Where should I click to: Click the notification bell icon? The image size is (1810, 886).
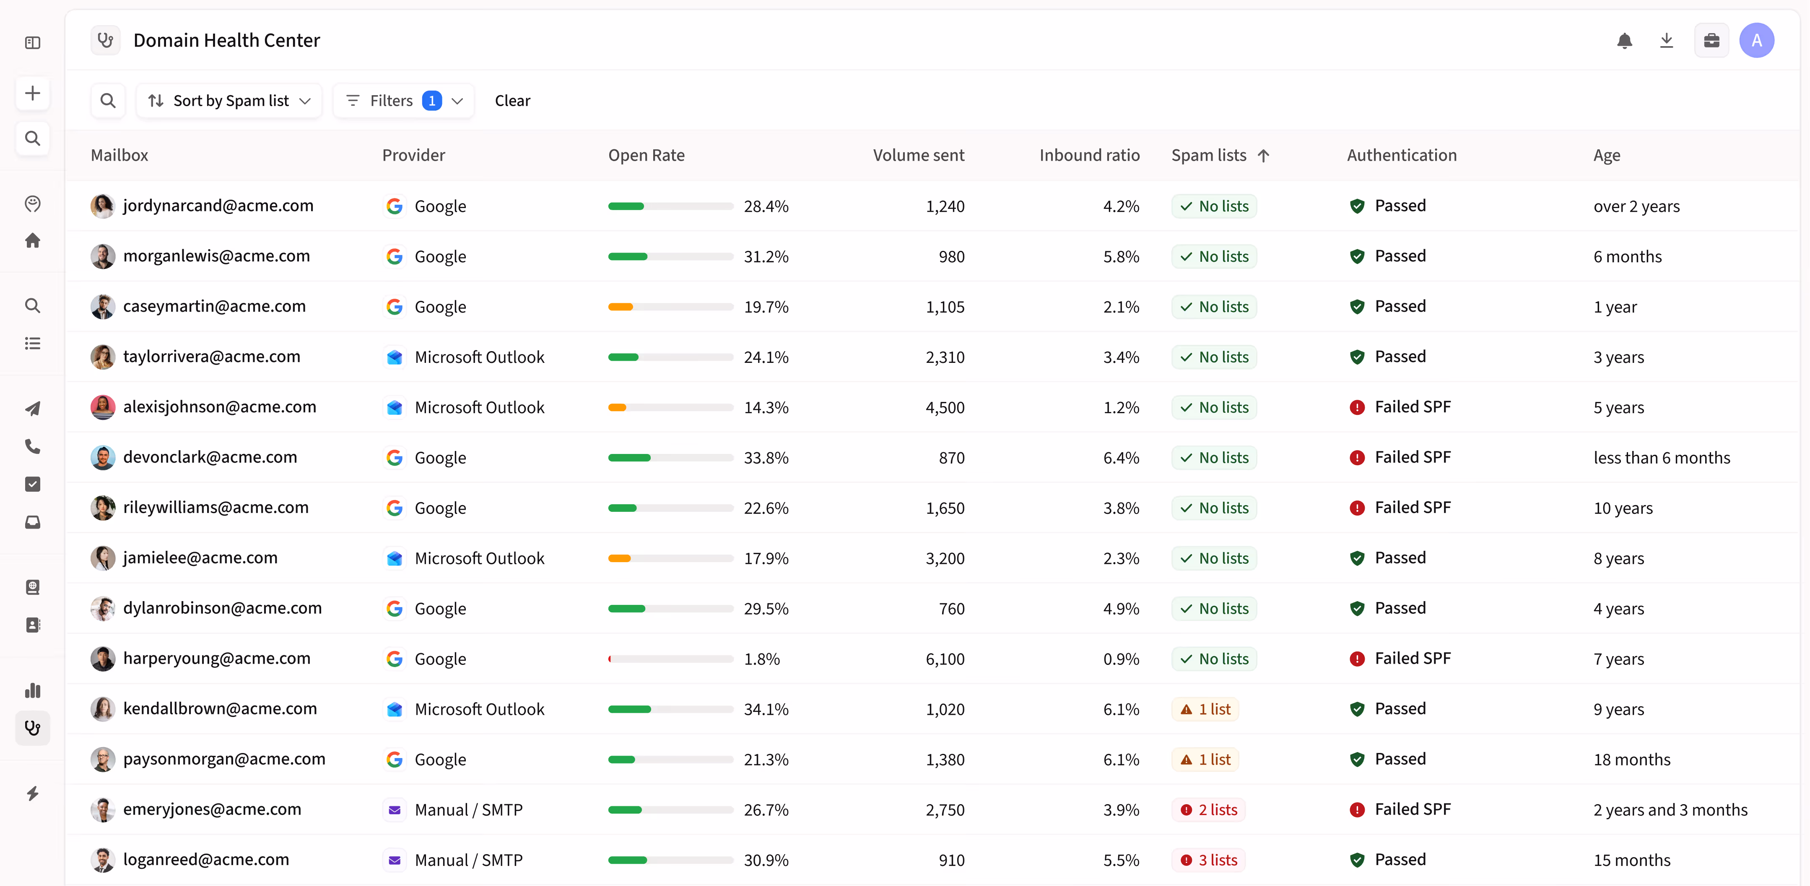pos(1625,41)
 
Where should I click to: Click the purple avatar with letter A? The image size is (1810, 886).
pos(1757,41)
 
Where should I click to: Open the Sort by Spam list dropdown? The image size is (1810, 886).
pos(229,101)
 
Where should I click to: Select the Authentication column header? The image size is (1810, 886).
pos(1402,155)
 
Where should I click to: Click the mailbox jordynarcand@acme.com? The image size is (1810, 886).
pos(218,205)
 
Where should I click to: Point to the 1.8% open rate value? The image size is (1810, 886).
pos(762,659)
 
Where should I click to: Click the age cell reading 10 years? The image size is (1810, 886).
pos(1623,508)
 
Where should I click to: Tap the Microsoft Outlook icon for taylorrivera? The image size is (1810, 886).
pos(395,357)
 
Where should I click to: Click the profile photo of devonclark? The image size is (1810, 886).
pos(103,458)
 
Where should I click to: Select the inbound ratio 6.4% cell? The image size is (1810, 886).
pos(1122,458)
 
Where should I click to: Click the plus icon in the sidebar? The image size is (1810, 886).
pos(32,94)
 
